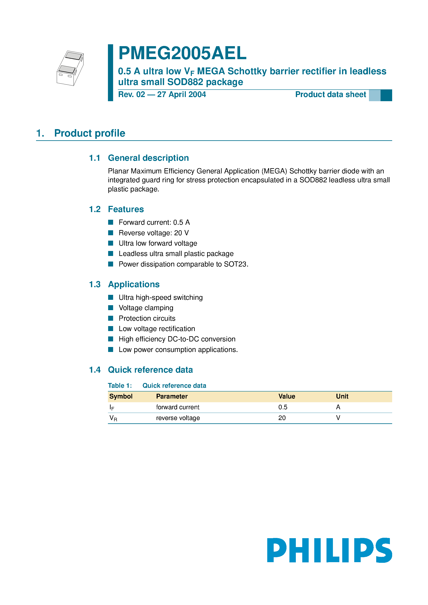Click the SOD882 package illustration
coord(70,68)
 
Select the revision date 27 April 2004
coord(181,95)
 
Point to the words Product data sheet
coord(330,95)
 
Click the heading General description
coord(148,158)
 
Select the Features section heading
coord(126,209)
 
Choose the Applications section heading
coord(134,284)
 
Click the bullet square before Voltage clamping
coord(111,308)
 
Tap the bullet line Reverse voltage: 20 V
coord(154,233)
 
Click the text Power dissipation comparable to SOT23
coord(183,264)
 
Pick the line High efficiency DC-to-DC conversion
coord(177,339)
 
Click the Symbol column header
coord(121,396)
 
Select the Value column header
coord(287,396)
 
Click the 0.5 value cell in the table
coord(283,407)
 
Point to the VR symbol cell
coord(113,418)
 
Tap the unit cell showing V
coord(338,418)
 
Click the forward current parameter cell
coord(178,407)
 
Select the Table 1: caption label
coord(120,385)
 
